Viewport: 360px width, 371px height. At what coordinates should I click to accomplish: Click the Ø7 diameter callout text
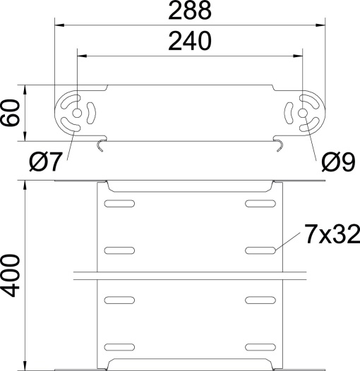pyautogui.click(x=47, y=163)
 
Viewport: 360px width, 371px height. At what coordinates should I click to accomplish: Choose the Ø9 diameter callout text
pyautogui.click(x=337, y=163)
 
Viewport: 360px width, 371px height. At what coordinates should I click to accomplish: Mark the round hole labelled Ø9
pyautogui.click(x=303, y=113)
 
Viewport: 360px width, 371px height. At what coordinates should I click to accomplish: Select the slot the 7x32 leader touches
pyautogui.click(x=261, y=250)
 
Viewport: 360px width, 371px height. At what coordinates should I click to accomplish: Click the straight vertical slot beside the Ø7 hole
pyautogui.click(x=90, y=112)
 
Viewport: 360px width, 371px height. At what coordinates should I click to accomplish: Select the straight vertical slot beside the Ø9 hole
pyautogui.click(x=289, y=113)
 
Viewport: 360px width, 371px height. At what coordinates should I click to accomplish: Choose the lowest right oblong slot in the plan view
pyautogui.click(x=261, y=346)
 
